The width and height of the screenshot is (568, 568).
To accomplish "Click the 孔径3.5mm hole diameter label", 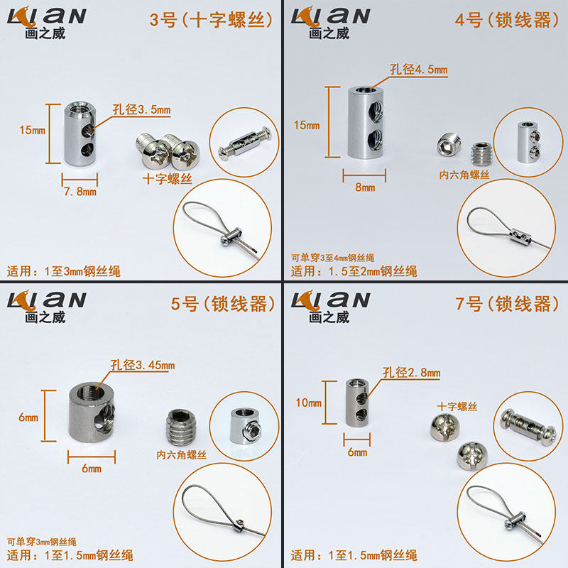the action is tap(141, 109).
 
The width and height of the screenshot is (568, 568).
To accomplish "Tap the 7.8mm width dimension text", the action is tap(80, 191).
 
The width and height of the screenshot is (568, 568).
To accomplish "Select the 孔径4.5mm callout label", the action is tap(419, 69).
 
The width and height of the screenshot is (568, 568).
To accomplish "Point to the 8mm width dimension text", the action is tap(365, 187).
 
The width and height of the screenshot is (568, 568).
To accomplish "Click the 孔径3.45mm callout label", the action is tap(143, 365).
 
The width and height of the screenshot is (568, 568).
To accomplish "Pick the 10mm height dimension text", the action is tap(308, 403).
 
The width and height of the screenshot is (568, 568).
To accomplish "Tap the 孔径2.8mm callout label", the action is tap(412, 372).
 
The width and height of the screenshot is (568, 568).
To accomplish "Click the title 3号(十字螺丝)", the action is tap(211, 20).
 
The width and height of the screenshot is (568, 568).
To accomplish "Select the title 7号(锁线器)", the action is tap(507, 304).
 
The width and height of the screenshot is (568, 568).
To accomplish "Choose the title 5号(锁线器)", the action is tap(223, 304).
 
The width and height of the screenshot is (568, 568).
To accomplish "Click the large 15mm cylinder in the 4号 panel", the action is tap(366, 122).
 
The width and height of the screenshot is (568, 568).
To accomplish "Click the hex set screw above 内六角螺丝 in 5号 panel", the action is tap(181, 427).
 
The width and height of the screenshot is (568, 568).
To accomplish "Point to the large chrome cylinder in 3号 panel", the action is tap(80, 133).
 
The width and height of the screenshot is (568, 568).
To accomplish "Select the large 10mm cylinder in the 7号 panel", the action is tap(357, 402).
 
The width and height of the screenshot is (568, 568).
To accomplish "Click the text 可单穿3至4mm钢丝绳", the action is tap(332, 258).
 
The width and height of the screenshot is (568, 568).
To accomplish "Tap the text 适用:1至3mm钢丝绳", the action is tap(63, 271).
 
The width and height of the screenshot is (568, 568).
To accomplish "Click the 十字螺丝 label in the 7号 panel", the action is tap(457, 406).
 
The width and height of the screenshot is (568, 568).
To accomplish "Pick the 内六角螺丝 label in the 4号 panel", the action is tap(464, 175).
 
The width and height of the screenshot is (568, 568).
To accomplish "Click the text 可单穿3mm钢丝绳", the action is tap(42, 542).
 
